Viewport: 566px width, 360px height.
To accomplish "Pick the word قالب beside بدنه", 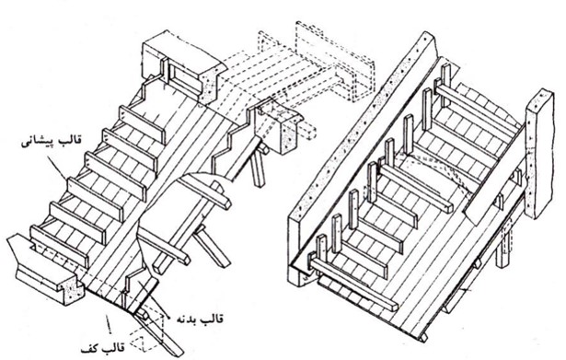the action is (214, 319).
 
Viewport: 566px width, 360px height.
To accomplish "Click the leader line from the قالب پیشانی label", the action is (57, 167).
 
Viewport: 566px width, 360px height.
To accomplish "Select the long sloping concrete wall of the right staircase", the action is (364, 159).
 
